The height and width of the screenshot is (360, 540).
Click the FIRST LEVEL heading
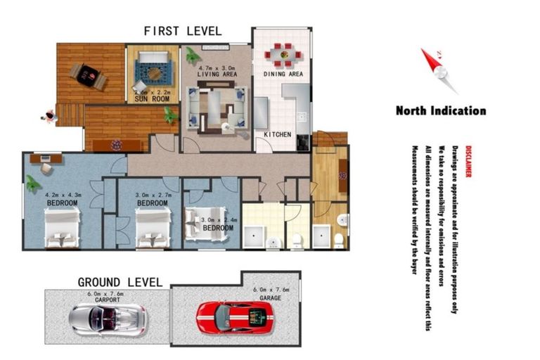click(x=182, y=31)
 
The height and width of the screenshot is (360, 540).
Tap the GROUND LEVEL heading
click(x=120, y=283)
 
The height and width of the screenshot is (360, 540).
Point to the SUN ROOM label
click(x=152, y=99)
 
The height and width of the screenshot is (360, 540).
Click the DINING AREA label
click(x=283, y=74)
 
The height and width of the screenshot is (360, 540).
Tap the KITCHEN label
click(x=277, y=134)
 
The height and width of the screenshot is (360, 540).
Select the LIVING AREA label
click(x=216, y=74)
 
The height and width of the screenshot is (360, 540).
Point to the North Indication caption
click(x=440, y=110)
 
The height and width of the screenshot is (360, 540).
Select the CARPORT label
click(x=108, y=300)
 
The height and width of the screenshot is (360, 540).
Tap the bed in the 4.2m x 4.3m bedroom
click(x=62, y=229)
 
